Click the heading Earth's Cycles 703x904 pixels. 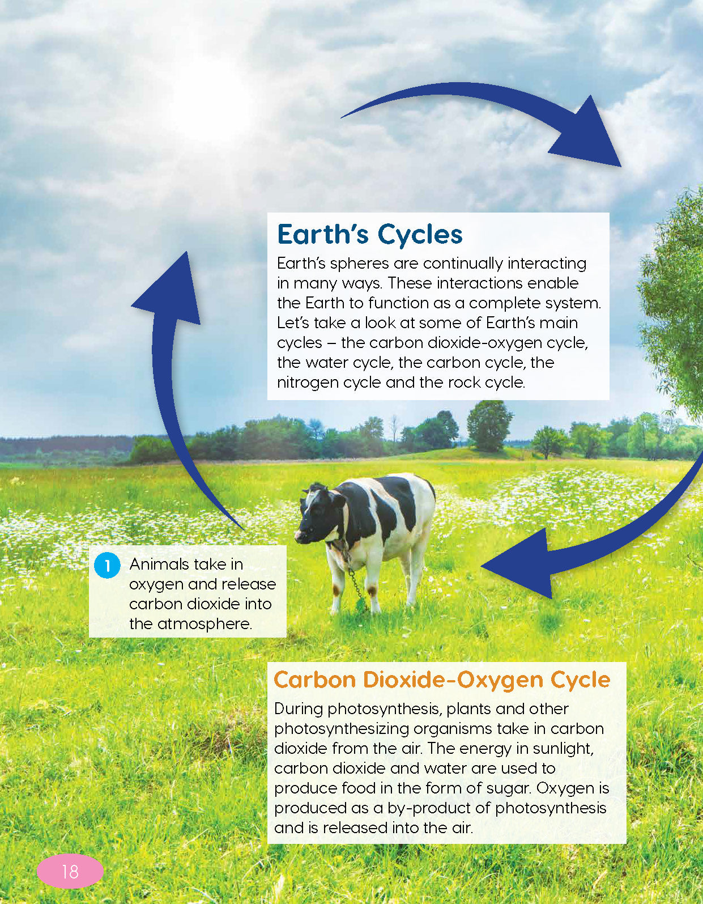pos(369,234)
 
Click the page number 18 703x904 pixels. pos(70,871)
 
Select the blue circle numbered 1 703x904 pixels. pos(107,566)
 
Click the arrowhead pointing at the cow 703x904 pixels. pos(518,564)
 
